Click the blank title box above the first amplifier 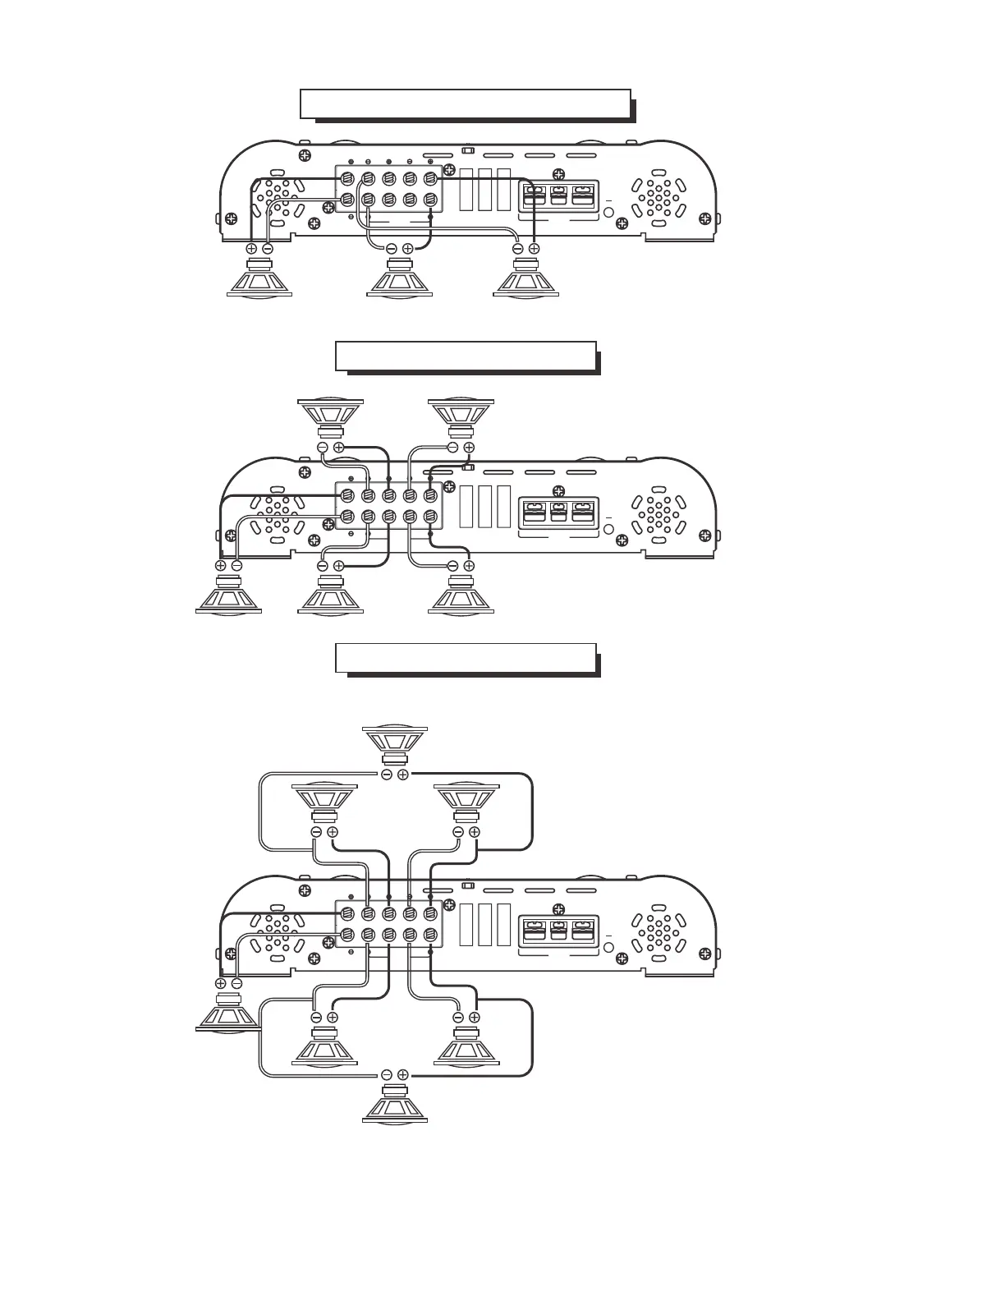(x=465, y=104)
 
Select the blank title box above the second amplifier (x=466, y=356)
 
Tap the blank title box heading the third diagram (x=466, y=658)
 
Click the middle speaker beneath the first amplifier (x=400, y=278)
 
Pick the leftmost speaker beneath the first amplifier (x=259, y=278)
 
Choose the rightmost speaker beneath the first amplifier (x=525, y=278)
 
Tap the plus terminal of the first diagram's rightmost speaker (x=534, y=248)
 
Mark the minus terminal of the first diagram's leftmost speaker (x=268, y=248)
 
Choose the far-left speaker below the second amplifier (x=228, y=595)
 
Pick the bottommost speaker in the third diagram (x=395, y=1103)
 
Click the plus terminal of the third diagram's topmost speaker (x=403, y=775)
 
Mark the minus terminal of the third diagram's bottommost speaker (x=387, y=1074)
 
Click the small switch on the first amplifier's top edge (x=468, y=150)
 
